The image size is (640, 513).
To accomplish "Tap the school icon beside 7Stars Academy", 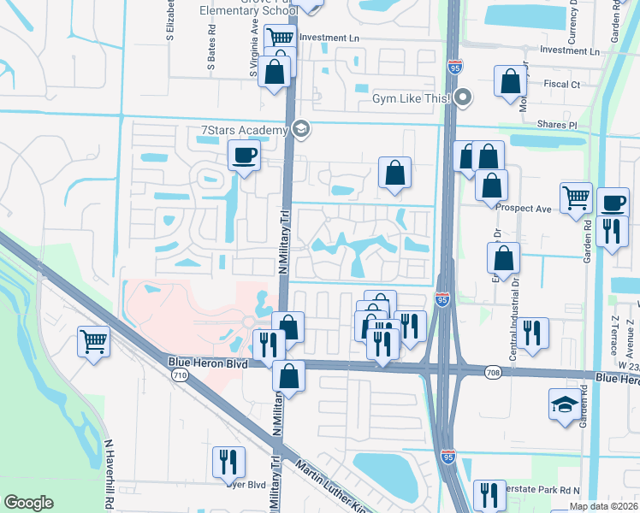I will coord(299,130).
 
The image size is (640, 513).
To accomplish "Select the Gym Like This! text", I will coord(411,98).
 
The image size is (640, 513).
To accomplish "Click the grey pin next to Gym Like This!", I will coord(463,97).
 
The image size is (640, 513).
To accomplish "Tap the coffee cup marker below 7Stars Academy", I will coord(244,156).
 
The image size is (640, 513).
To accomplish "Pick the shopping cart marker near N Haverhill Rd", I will coord(94,343).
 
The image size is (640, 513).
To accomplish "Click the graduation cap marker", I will coord(565,404).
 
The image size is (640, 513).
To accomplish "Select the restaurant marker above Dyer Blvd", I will coord(228,462).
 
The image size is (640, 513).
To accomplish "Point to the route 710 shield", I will coord(180,374).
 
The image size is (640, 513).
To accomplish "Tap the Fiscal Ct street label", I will coord(563,85).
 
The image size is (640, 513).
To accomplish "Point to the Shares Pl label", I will coord(558,125).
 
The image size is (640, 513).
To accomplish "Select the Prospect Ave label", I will coord(527,209).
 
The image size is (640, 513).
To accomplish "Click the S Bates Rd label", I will coord(210,50).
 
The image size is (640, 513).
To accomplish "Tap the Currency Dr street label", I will coord(574,24).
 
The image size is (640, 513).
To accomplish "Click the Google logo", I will coord(28,503).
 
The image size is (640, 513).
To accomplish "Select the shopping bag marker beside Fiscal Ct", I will coord(510,81).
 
